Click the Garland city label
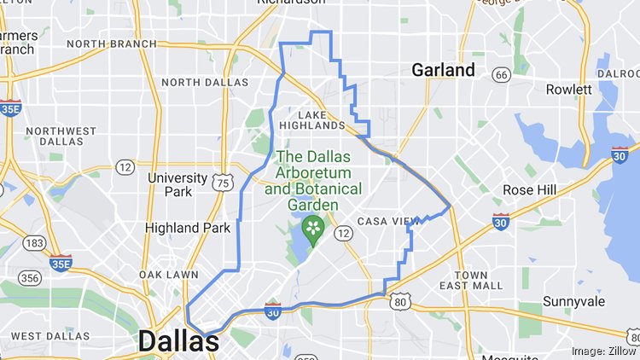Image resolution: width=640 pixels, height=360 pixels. [x=443, y=70]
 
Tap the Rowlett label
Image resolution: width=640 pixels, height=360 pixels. [x=569, y=90]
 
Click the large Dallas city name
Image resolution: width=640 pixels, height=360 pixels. [x=178, y=341]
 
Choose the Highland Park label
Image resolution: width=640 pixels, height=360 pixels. [x=188, y=228]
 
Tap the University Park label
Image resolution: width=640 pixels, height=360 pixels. [x=177, y=184]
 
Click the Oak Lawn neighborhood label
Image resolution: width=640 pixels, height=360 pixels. [x=169, y=275]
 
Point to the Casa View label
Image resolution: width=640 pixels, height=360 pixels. [x=389, y=221]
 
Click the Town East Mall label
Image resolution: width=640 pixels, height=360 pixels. [x=472, y=280]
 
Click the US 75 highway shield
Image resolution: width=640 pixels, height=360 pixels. [x=223, y=183]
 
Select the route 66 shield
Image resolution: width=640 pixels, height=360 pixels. [x=502, y=75]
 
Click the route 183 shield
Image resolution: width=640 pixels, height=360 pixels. [x=35, y=243]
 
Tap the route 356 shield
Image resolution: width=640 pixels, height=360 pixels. [x=30, y=278]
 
